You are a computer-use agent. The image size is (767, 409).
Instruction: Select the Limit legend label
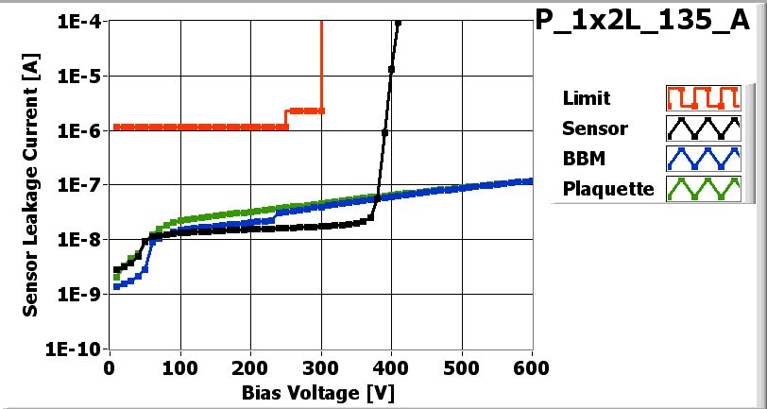(x=586, y=98)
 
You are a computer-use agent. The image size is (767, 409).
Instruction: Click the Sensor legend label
(x=594, y=128)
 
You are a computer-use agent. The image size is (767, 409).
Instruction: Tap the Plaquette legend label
(x=608, y=189)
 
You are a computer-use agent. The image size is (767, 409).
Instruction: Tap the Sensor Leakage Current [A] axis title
(x=31, y=184)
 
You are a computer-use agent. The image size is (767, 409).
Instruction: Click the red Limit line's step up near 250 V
(x=286, y=118)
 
